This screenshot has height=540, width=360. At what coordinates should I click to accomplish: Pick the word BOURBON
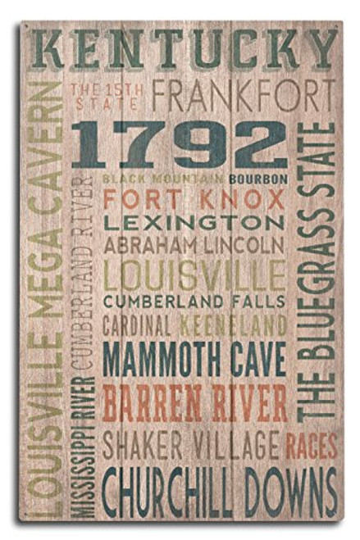coord(258,178)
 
